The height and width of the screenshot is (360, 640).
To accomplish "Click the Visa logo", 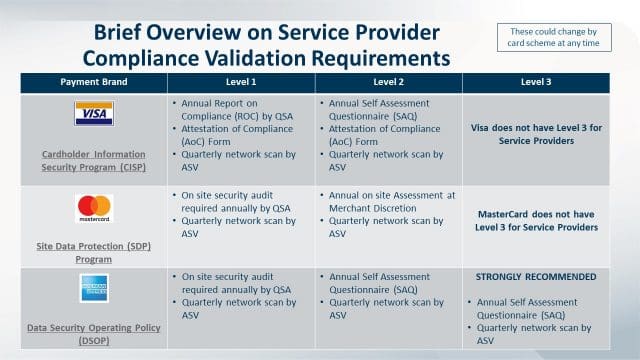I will pyautogui.click(x=94, y=113).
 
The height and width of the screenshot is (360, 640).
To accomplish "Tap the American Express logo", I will pyautogui.click(x=94, y=288).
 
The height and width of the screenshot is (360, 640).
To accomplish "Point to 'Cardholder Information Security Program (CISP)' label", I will pyautogui.click(x=94, y=162).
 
